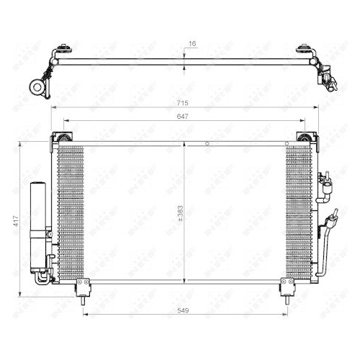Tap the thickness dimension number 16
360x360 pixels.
click(x=192, y=44)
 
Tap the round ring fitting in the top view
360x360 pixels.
click(x=35, y=87)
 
